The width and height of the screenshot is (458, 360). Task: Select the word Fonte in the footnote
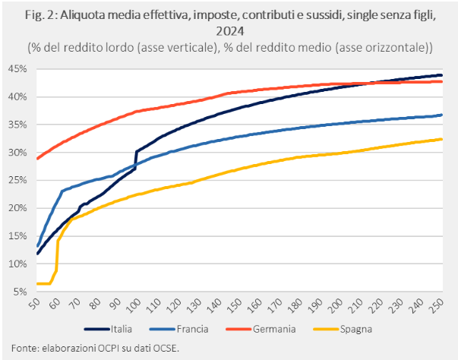click(x=20, y=348)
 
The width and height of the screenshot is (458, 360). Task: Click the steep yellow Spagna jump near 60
click(x=57, y=254)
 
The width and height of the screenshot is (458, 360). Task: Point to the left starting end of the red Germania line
click(x=37, y=159)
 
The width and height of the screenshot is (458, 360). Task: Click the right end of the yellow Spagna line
click(x=442, y=139)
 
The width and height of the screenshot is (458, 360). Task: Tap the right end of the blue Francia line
click(x=442, y=115)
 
